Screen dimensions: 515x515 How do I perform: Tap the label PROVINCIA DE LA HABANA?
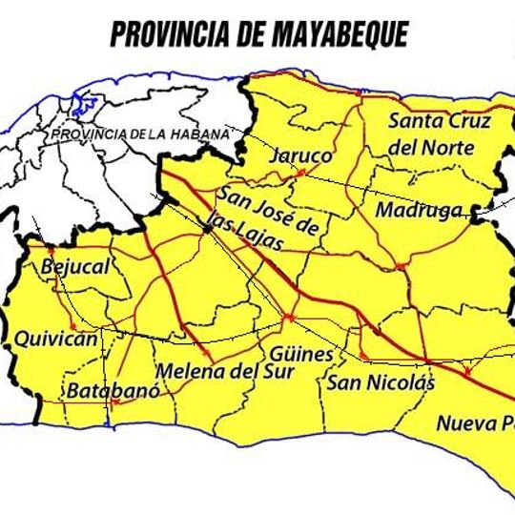tap(140, 134)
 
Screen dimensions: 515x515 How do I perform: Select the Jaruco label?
tap(301, 155)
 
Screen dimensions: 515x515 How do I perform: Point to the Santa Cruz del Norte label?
tap(440, 134)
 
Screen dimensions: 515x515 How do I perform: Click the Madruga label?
tap(419, 210)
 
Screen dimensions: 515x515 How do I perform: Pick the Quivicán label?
tap(55, 339)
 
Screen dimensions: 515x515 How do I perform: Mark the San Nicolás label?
tap(381, 383)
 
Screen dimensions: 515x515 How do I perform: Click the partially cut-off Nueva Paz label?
tap(474, 423)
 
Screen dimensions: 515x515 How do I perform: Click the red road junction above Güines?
tap(289, 316)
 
